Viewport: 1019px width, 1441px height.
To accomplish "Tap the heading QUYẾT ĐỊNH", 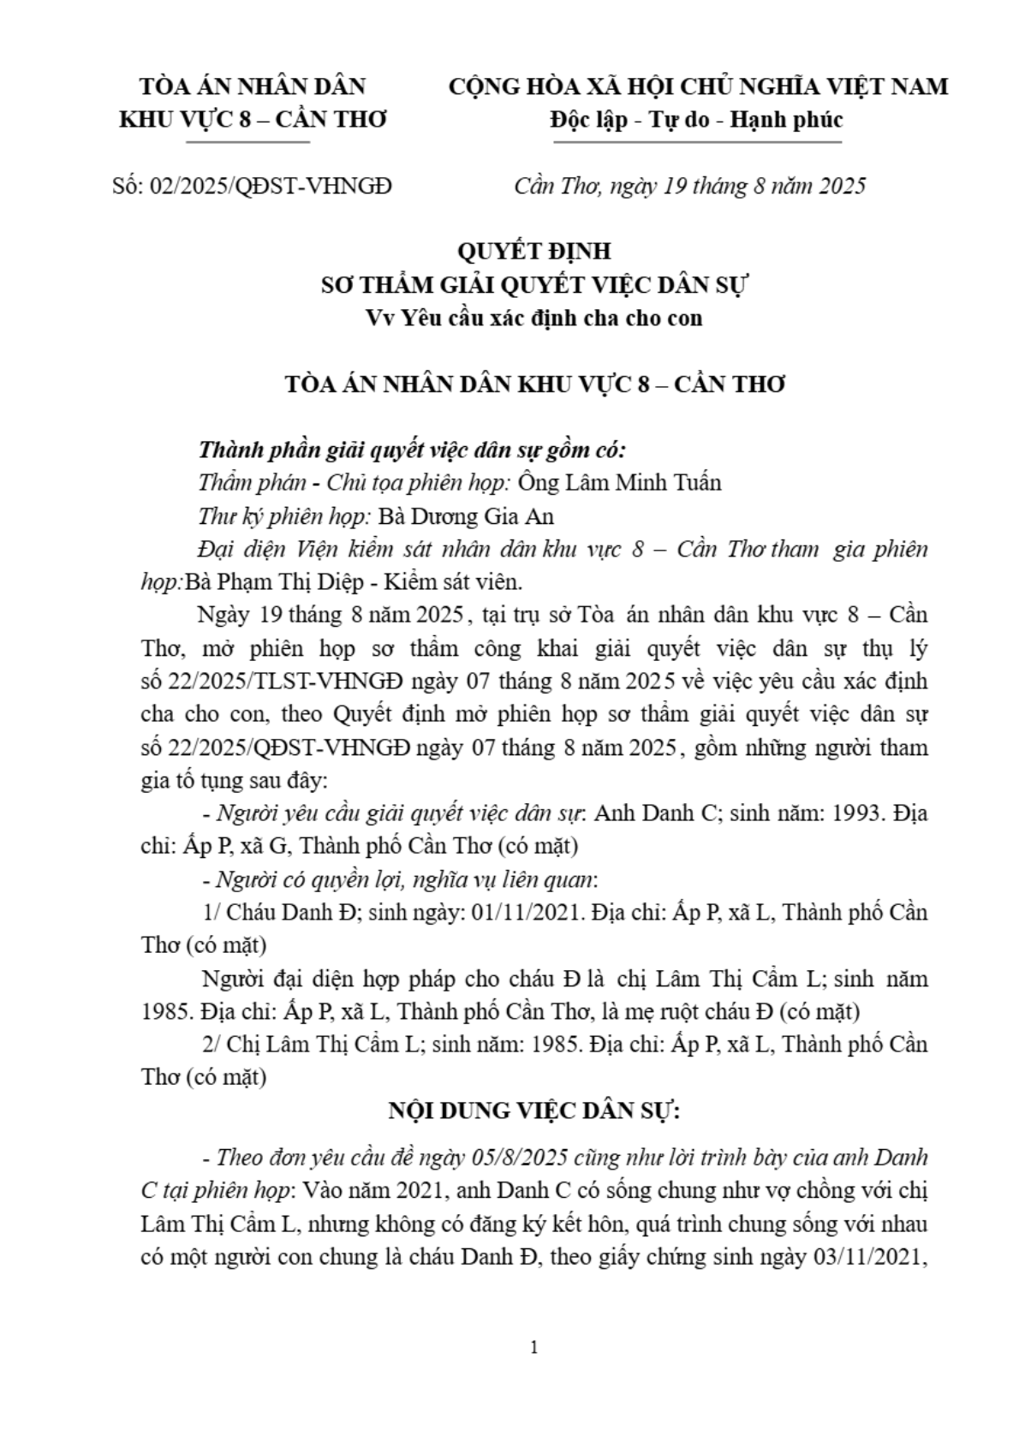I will pyautogui.click(x=534, y=252).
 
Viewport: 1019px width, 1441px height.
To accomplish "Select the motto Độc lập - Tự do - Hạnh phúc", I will pyautogui.click(x=696, y=119).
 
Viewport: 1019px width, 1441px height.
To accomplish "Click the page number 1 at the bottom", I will pyautogui.click(x=534, y=1348).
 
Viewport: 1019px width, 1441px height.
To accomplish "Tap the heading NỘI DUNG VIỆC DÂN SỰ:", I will pyautogui.click(x=534, y=1111).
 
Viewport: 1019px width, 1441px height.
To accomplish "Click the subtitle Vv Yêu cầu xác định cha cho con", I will pyautogui.click(x=534, y=318).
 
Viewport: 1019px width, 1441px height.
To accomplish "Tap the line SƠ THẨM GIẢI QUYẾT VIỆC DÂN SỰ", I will pyautogui.click(x=534, y=284).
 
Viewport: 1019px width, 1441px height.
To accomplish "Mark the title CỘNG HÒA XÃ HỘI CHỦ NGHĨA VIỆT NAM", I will pyautogui.click(x=698, y=86).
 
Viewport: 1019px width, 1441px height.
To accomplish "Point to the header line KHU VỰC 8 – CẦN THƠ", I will pyautogui.click(x=253, y=119).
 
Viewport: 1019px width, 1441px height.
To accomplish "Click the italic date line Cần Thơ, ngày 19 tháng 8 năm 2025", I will pyautogui.click(x=689, y=186).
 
